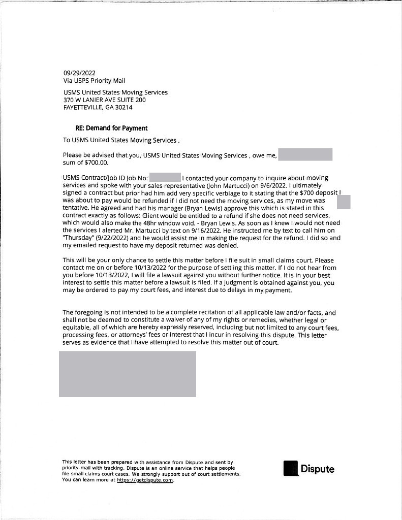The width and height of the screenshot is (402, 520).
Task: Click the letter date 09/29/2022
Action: [x=79, y=73]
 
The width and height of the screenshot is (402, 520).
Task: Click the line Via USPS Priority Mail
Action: [x=94, y=80]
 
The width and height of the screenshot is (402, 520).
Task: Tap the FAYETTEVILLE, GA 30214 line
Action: [x=98, y=108]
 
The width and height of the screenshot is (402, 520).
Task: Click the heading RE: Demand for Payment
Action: [x=111, y=128]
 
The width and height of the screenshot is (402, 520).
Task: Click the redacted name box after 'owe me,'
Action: [x=305, y=154]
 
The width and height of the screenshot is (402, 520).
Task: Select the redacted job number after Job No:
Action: [x=165, y=178]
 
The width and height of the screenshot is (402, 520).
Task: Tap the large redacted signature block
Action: [x=128, y=374]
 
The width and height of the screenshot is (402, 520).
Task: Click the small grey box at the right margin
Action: [x=344, y=202]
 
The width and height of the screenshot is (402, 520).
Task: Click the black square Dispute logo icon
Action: [x=290, y=468]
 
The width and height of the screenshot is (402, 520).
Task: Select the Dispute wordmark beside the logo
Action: [x=318, y=469]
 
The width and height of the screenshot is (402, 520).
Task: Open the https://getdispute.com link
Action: [x=145, y=480]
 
